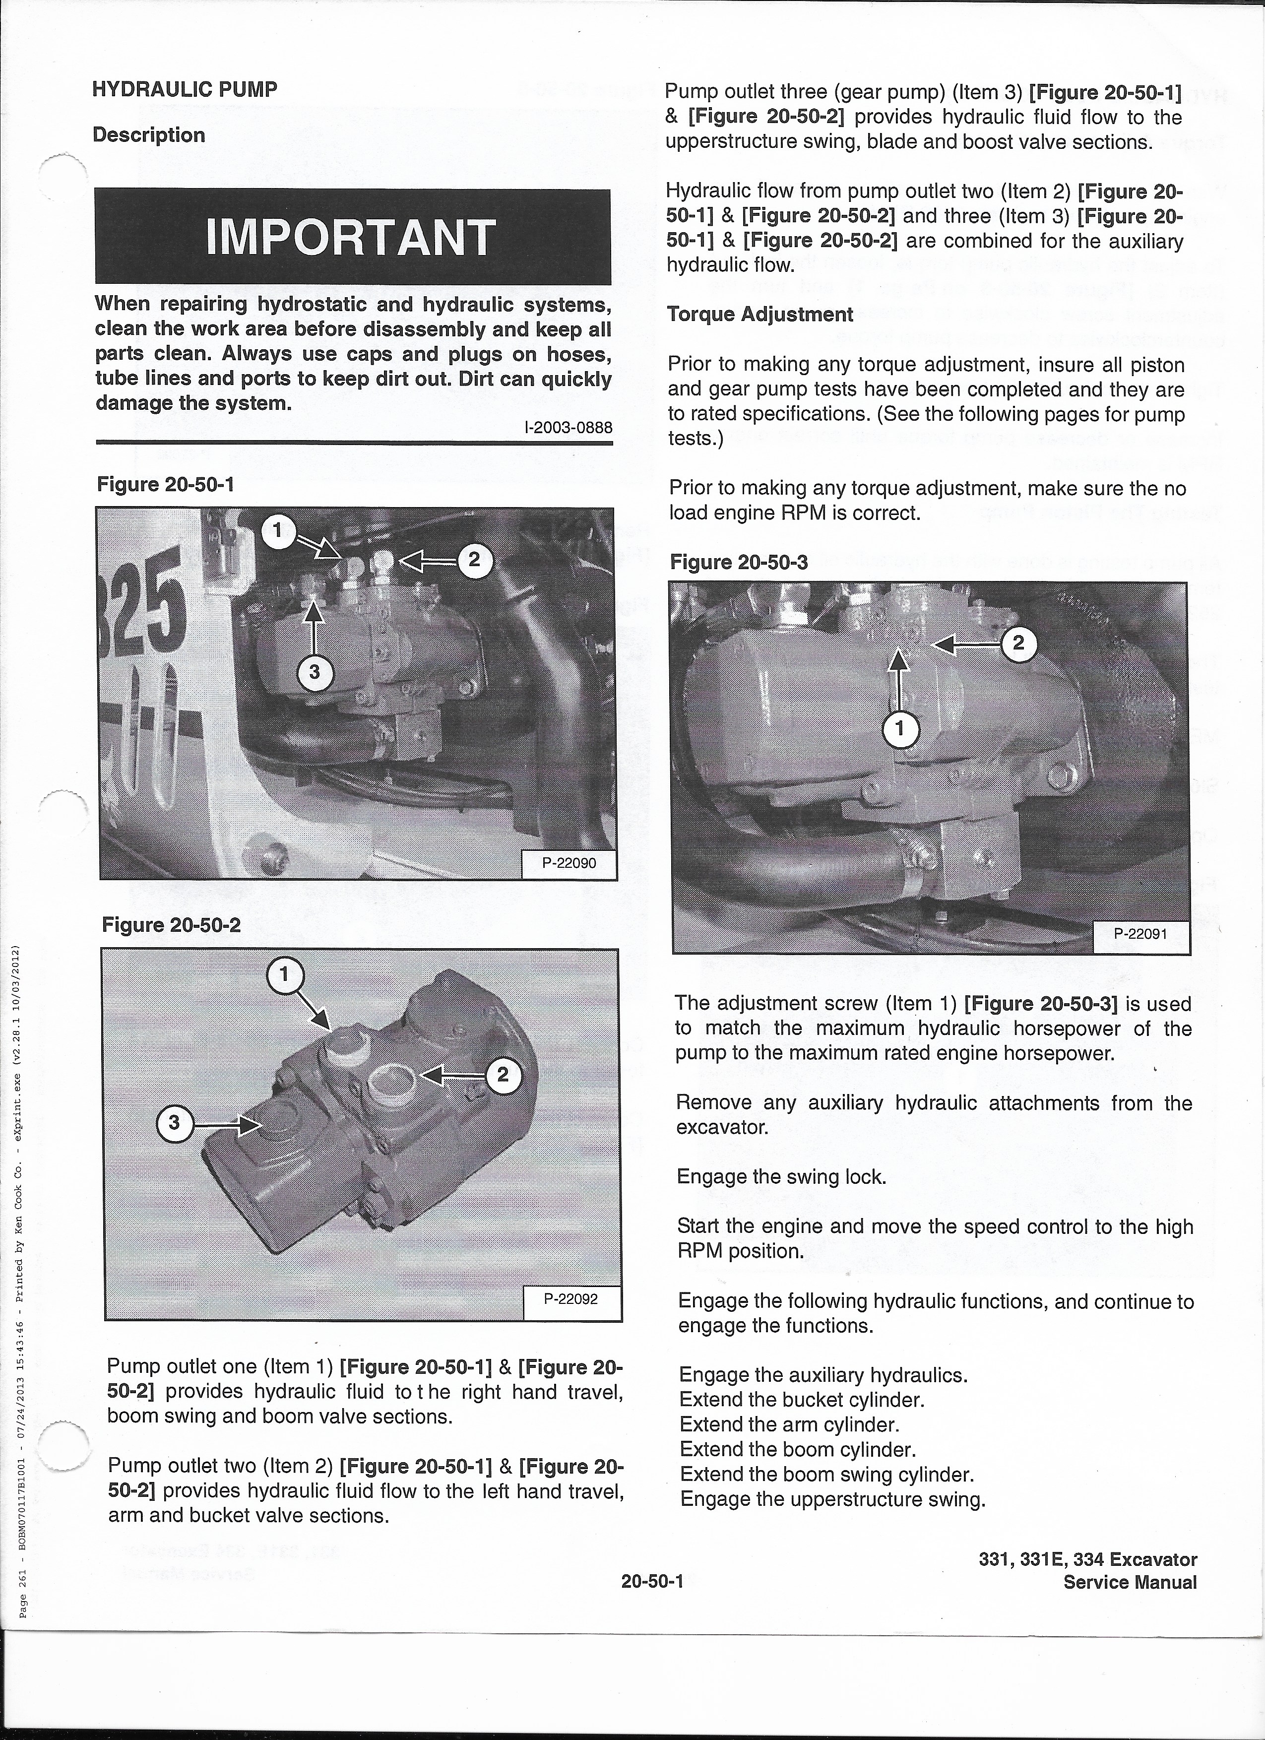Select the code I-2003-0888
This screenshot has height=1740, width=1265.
[x=567, y=427]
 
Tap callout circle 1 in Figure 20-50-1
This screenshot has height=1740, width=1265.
[x=278, y=529]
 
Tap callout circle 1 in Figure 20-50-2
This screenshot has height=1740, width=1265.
[x=284, y=975]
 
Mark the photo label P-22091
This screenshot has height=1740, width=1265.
[x=1140, y=934]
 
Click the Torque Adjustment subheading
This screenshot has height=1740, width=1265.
[x=759, y=315]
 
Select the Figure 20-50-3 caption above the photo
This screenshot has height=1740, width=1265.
[x=739, y=562]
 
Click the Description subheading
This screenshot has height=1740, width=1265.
[x=149, y=135]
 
